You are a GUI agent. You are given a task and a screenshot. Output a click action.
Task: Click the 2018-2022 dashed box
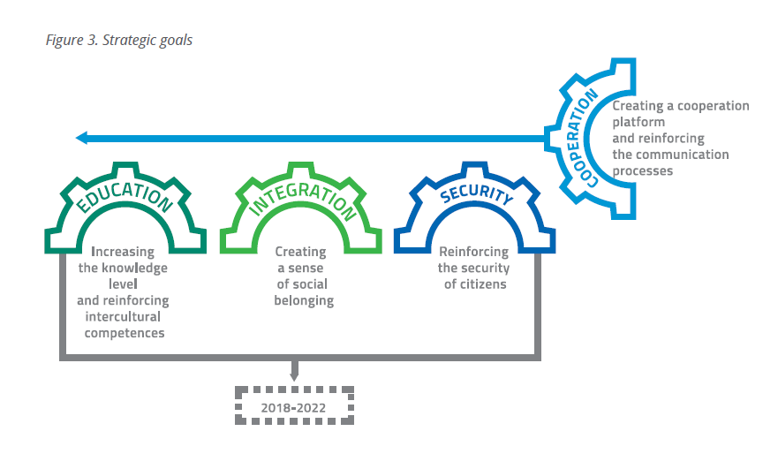click(292, 407)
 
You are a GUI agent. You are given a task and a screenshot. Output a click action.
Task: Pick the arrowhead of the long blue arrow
click(81, 138)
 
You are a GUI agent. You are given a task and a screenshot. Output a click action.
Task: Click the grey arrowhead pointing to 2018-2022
click(292, 376)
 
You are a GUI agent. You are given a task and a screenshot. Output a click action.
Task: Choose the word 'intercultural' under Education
click(123, 317)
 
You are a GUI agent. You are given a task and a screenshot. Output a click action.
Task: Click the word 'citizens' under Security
click(490, 284)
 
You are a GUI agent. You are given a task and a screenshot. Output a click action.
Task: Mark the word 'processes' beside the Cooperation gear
click(643, 170)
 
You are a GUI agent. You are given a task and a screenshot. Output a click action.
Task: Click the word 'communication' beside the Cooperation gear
click(683, 155)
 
